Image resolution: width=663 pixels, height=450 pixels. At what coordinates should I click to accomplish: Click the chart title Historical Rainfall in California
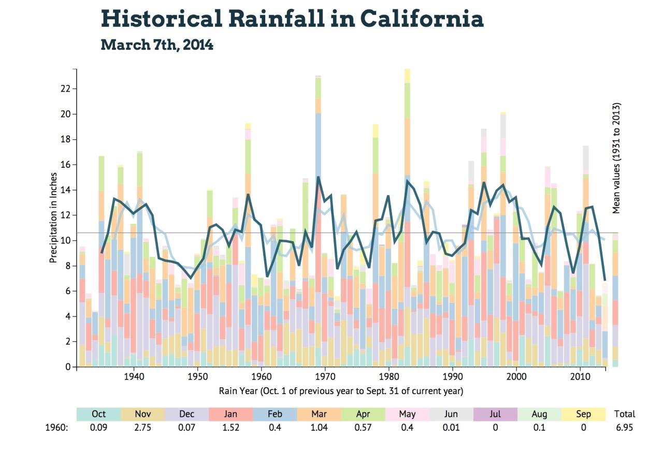(292, 19)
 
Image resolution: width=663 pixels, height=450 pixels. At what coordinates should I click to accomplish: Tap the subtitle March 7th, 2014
(157, 45)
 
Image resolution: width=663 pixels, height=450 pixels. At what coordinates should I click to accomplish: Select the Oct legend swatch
(98, 414)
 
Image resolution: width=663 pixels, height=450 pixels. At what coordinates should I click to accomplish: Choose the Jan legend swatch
(230, 414)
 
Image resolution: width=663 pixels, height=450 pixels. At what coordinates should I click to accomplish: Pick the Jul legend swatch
(495, 414)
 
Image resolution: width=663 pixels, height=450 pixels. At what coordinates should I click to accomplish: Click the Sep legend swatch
(583, 414)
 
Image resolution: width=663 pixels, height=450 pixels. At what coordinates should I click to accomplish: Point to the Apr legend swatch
(363, 414)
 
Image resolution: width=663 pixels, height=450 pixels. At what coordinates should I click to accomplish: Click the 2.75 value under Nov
(142, 428)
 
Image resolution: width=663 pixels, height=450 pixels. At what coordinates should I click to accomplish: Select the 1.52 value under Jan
(230, 428)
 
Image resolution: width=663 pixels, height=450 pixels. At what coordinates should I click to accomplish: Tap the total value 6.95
(624, 428)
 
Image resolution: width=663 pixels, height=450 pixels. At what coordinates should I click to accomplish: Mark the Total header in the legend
(624, 414)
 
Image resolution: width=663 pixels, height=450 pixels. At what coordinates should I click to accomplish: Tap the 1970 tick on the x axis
(325, 375)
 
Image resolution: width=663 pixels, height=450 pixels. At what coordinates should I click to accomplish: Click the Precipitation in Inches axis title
(53, 217)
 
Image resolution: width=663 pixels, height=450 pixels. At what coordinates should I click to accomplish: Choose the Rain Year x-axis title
(341, 390)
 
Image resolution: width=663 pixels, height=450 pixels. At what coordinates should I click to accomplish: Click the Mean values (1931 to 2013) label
(616, 158)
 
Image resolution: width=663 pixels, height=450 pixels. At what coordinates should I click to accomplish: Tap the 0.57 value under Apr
(363, 428)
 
